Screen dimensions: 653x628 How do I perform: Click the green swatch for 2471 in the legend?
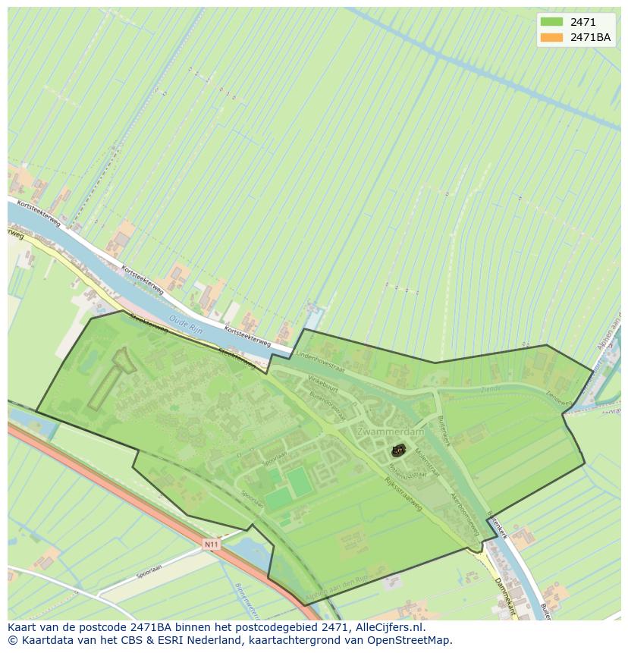tap(551, 22)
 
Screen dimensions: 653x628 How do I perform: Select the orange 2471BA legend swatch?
tap(551, 37)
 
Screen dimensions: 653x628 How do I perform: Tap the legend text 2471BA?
tap(590, 37)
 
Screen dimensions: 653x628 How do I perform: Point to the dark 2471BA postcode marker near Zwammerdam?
tap(397, 451)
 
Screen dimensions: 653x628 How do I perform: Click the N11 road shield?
tap(212, 544)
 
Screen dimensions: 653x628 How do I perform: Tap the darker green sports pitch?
tap(300, 482)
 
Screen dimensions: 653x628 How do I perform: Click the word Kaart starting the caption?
tap(24, 628)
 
